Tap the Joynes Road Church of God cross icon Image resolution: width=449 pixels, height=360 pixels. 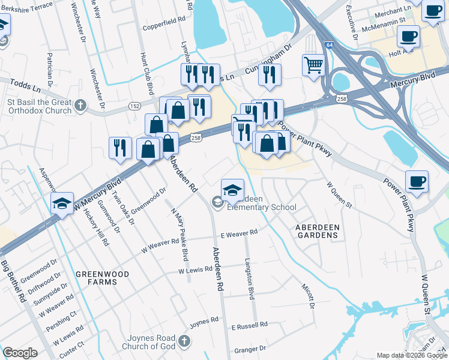tap(184, 341)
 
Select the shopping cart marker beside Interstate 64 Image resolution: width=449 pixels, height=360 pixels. tap(313, 64)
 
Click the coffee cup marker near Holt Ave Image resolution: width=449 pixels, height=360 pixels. tap(408, 36)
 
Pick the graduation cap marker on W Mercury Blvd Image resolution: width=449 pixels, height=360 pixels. tap(62, 203)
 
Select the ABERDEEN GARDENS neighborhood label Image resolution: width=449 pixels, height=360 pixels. tap(318, 231)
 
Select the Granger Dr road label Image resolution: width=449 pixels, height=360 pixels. tap(250, 349)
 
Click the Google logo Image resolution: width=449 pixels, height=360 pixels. tap(20, 353)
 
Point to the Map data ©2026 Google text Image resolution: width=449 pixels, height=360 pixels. tap(412, 355)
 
